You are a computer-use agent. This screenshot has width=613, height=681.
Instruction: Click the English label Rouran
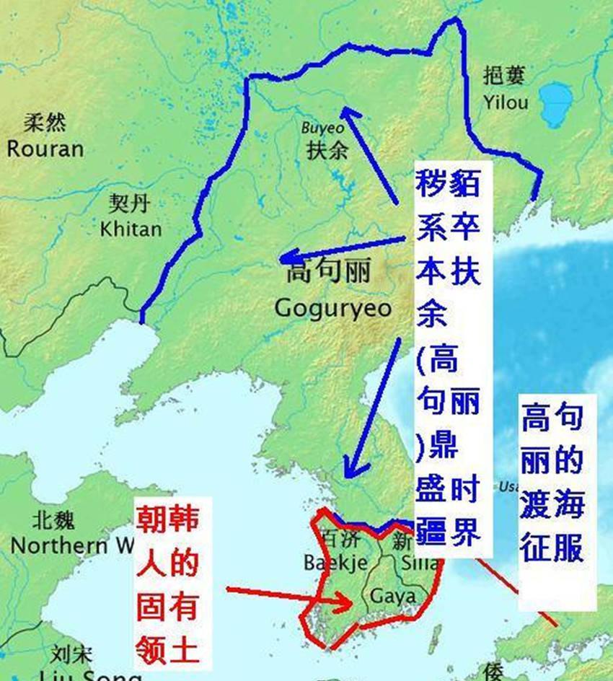tap(45, 149)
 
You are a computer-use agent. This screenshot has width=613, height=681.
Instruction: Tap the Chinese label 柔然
tap(45, 123)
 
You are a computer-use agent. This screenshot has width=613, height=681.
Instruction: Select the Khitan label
tap(131, 229)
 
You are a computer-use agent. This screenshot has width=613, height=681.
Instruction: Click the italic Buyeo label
tap(322, 128)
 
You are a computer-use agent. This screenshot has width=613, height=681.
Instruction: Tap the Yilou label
tap(506, 102)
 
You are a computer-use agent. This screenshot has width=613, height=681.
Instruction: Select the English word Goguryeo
tap(333, 309)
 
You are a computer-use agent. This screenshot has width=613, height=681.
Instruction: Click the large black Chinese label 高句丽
tap(329, 272)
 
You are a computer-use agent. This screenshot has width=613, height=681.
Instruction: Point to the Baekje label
tap(336, 562)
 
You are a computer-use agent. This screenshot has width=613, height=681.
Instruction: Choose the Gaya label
tap(392, 597)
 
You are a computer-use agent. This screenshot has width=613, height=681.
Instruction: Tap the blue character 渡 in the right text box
tap(534, 505)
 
